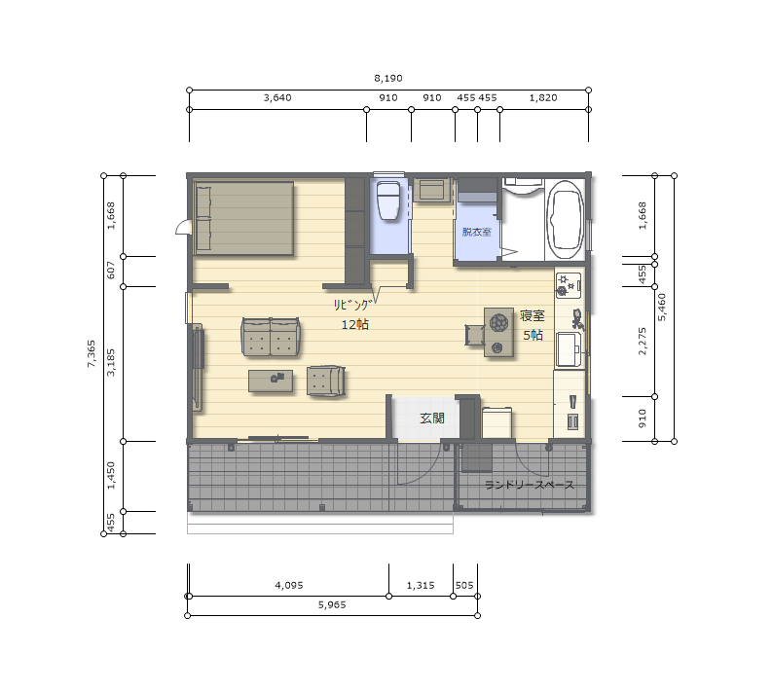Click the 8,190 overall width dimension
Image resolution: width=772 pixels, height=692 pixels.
pyautogui.click(x=388, y=78)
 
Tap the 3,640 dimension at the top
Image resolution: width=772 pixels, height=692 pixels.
pyautogui.click(x=277, y=98)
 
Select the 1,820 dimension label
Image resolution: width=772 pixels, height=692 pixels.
pyautogui.click(x=543, y=98)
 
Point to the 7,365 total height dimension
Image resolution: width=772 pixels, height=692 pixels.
pyautogui.click(x=92, y=354)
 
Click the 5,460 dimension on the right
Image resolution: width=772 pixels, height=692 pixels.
pyautogui.click(x=662, y=308)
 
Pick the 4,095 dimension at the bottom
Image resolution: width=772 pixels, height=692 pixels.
pyautogui.click(x=289, y=585)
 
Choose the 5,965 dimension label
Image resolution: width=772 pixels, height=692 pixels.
pyautogui.click(x=332, y=604)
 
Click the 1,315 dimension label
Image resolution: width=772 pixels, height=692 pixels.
pyautogui.click(x=421, y=585)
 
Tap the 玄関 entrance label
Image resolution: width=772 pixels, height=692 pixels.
pyautogui.click(x=432, y=419)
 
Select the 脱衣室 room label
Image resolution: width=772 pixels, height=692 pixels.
pyautogui.click(x=477, y=232)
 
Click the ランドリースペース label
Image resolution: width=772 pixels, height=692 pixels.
pyautogui.click(x=530, y=485)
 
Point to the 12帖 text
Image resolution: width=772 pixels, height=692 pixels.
pyautogui.click(x=355, y=325)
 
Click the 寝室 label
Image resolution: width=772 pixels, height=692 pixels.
pyautogui.click(x=533, y=315)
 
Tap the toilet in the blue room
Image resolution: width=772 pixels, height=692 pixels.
pyautogui.click(x=388, y=200)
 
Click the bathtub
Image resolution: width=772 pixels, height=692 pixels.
pyautogui.click(x=566, y=220)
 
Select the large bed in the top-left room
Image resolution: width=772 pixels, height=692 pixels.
pyautogui.click(x=243, y=218)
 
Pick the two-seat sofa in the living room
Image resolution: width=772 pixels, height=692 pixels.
pyautogui.click(x=271, y=337)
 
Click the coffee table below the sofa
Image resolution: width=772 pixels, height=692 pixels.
pyautogui.click(x=271, y=381)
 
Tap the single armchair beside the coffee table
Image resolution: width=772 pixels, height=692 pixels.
pyautogui.click(x=325, y=381)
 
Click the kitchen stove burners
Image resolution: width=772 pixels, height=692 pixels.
pyautogui.click(x=569, y=285)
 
